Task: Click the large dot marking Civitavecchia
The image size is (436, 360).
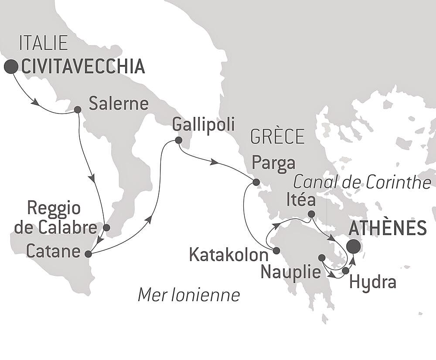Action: click(11, 67)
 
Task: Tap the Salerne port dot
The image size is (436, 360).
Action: click(77, 110)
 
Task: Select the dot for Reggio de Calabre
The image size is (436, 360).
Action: click(106, 227)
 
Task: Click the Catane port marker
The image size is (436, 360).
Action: click(88, 254)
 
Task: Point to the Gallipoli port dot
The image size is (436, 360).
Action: click(178, 141)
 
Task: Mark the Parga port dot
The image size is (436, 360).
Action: click(256, 182)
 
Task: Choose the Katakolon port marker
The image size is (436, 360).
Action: click(276, 250)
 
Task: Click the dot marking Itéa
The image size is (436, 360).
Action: click(311, 214)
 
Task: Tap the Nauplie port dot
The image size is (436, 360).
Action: click(322, 258)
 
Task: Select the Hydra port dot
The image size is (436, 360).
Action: click(345, 271)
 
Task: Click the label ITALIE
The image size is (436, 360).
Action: click(43, 44)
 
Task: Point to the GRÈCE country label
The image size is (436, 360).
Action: click(277, 137)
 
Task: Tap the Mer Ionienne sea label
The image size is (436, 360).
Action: click(188, 295)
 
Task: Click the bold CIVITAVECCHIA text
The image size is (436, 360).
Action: click(83, 67)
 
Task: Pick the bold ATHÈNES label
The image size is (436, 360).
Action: click(388, 228)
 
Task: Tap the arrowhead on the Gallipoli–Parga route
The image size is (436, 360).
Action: click(214, 162)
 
